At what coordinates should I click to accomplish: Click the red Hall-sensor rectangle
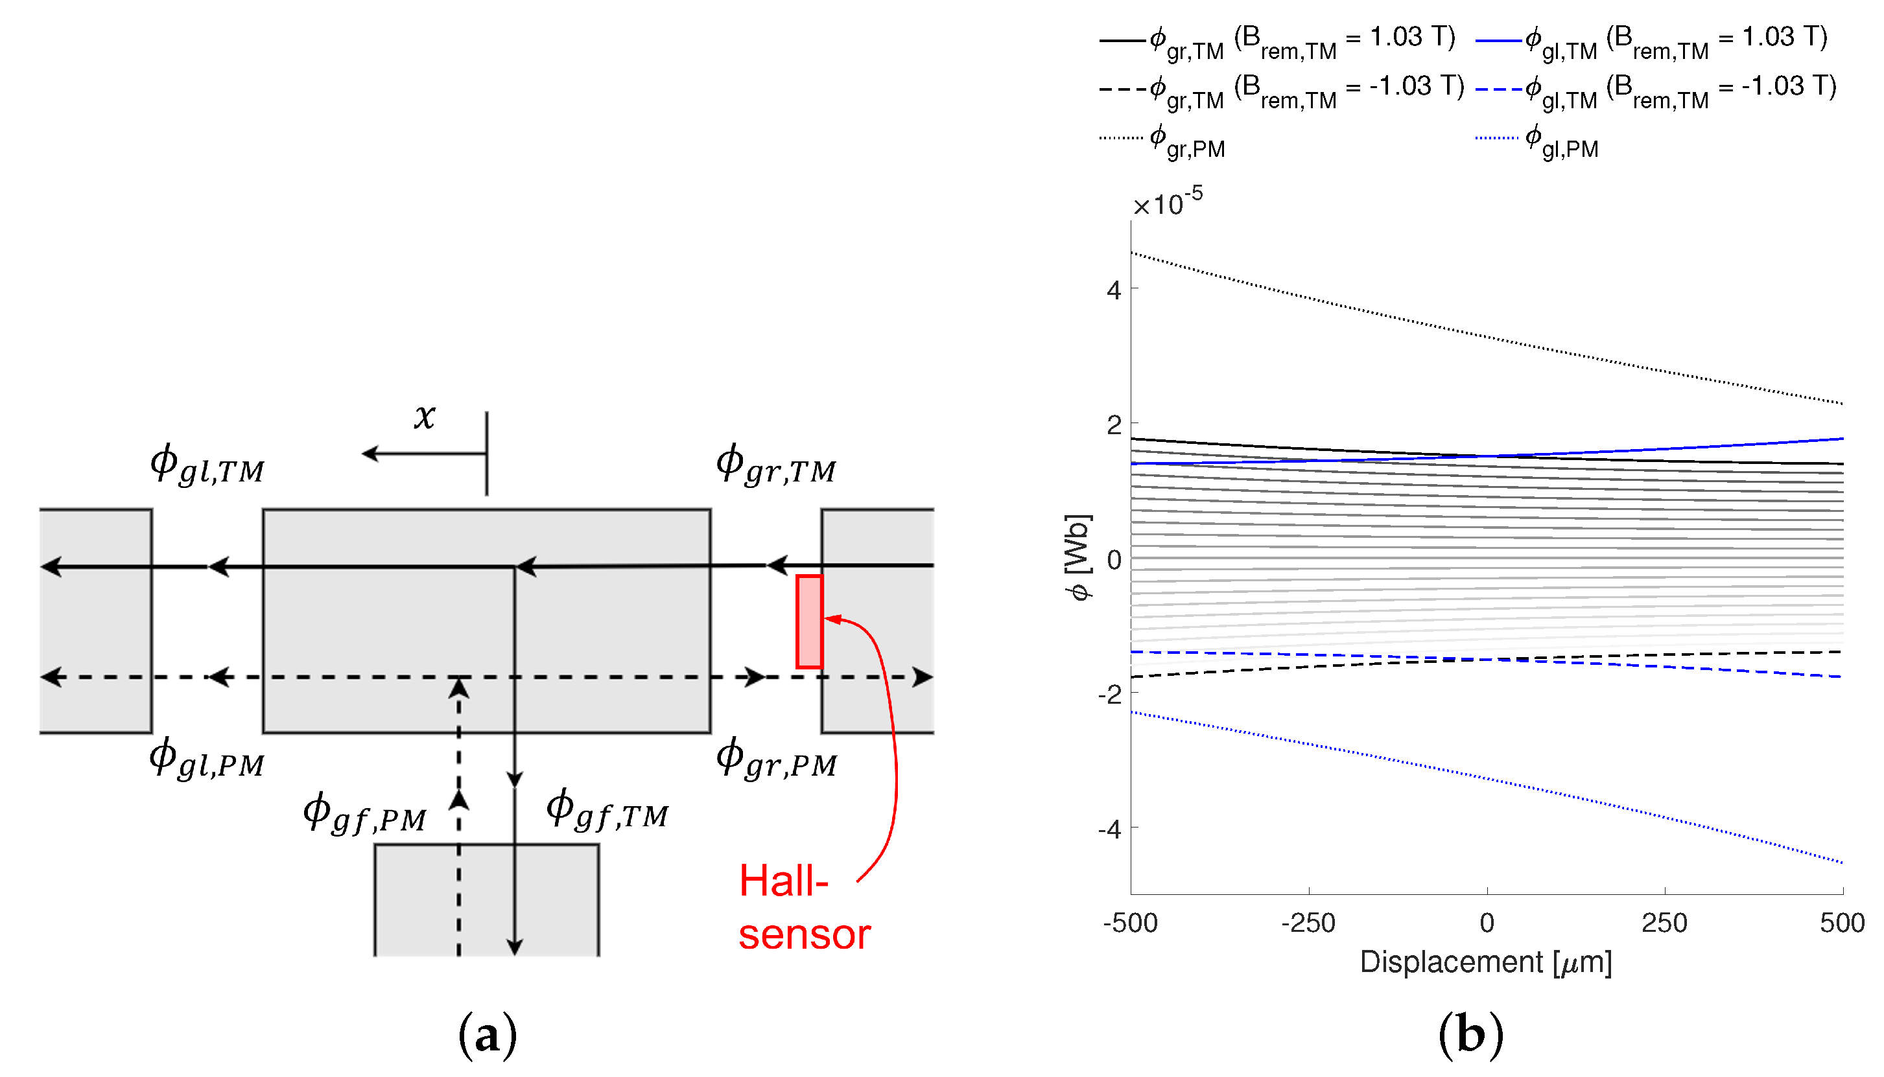pos(809,621)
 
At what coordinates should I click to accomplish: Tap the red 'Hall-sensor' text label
pos(804,908)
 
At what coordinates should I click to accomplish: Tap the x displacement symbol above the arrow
pos(425,416)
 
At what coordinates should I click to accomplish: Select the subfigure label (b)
pos(1470,1034)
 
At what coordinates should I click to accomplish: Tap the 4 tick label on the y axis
pos(1114,291)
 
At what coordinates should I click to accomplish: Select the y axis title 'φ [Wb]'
pos(1078,558)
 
